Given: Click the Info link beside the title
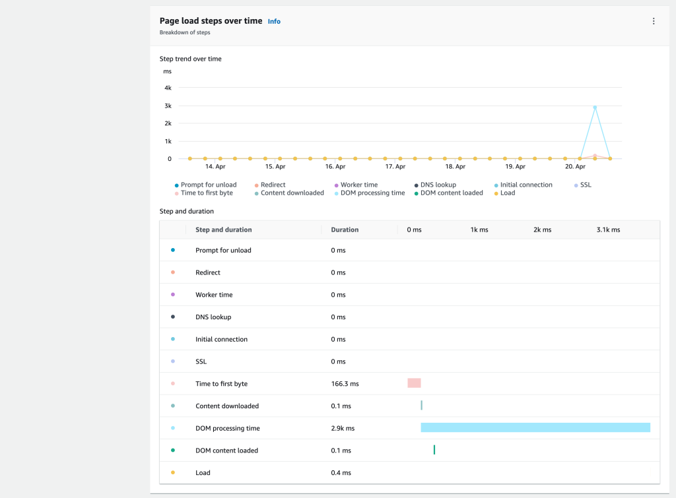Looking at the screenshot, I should (274, 22).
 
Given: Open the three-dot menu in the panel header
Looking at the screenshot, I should (654, 21).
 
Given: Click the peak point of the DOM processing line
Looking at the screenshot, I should (595, 107).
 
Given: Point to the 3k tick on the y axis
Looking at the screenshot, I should (168, 106).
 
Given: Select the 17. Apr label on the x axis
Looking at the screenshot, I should (395, 167).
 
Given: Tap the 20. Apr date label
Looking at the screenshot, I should (575, 167).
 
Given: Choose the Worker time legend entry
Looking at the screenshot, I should (358, 185).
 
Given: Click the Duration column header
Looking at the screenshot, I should (345, 230).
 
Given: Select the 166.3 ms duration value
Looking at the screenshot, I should (345, 383).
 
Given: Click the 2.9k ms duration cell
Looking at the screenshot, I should (343, 428).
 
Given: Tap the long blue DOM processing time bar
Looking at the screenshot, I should (535, 427).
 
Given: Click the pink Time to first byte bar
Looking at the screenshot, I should (414, 383).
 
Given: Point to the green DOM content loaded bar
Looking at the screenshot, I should (434, 450).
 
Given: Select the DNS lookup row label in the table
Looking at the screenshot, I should (213, 317).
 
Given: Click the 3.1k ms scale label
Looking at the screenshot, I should (607, 230).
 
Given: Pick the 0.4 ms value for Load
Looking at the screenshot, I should (341, 472).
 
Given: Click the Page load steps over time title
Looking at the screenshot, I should (211, 21).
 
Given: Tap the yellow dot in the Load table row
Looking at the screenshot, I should (173, 472).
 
